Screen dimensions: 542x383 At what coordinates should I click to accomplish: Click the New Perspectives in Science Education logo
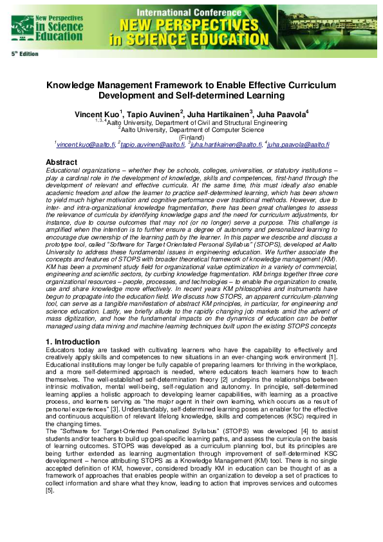pyautogui.click(x=38, y=25)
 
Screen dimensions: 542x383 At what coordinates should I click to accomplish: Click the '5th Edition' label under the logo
pyautogui.click(x=24, y=53)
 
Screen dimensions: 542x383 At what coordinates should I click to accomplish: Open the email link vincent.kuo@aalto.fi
pyautogui.click(x=86, y=145)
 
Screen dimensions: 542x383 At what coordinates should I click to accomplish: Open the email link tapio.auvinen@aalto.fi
pyautogui.click(x=144, y=145)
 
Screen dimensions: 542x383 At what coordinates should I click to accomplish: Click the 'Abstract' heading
pyautogui.click(x=62, y=162)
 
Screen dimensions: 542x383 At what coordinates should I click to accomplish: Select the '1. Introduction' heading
pyautogui.click(x=73, y=341)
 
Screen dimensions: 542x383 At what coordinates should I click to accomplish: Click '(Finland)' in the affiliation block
pyautogui.click(x=191, y=137)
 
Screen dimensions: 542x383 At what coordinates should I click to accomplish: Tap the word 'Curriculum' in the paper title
pyautogui.click(x=305, y=85)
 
